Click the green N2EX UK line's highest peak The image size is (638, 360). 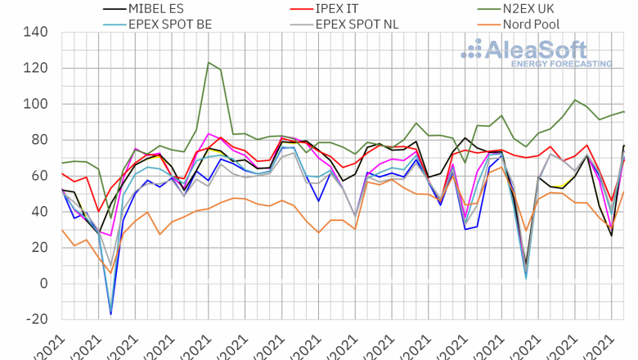pos(209,62)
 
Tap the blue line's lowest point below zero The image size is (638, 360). pos(111,314)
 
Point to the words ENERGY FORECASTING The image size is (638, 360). pos(561,63)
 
